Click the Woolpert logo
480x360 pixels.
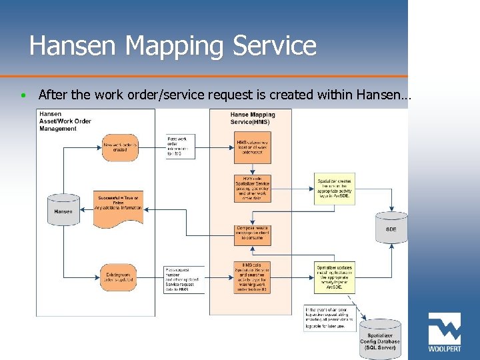click(x=444, y=333)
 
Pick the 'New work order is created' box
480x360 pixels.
click(x=120, y=146)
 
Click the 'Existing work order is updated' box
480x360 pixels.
click(x=120, y=275)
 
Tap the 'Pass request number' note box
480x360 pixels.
click(x=183, y=279)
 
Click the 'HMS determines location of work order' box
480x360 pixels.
click(x=253, y=146)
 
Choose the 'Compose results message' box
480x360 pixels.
click(x=253, y=232)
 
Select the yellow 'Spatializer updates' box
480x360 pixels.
click(x=335, y=277)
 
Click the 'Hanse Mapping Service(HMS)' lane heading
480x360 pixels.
click(x=252, y=118)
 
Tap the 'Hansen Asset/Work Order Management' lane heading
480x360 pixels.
click(x=65, y=121)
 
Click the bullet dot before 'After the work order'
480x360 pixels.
click(x=23, y=96)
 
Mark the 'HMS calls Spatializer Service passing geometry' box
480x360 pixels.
click(x=253, y=189)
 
